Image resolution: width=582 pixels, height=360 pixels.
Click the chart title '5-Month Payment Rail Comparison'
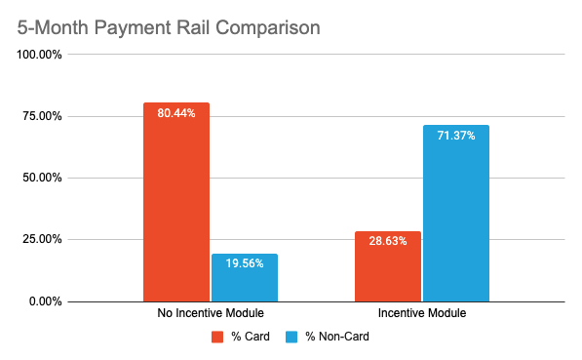coord(169,26)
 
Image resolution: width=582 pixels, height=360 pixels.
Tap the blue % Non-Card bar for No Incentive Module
coord(245,277)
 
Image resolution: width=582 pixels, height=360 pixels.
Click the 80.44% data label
coord(175,113)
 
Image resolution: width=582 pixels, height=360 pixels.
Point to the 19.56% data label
coord(245,264)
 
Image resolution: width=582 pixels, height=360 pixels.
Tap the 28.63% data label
coord(387,242)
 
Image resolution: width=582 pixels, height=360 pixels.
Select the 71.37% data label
coord(456,136)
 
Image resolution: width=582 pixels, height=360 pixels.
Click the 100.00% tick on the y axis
coord(39,55)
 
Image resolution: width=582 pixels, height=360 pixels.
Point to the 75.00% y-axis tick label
coord(42,116)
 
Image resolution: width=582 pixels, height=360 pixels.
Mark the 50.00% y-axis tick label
coord(42,178)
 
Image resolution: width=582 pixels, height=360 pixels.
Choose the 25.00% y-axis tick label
coord(42,239)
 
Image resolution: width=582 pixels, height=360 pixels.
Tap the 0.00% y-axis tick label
coord(45,300)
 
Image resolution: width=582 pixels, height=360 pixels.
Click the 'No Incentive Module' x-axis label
coord(210,314)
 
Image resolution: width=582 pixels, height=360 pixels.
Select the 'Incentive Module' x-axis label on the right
coord(422,314)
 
